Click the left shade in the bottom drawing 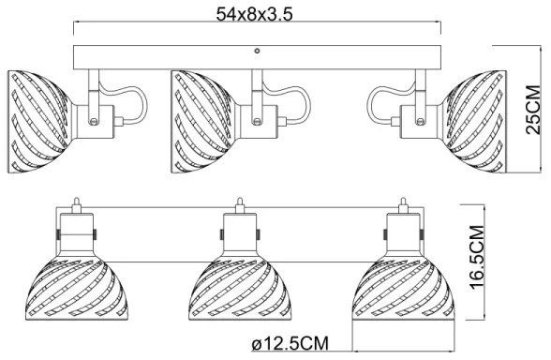click(x=75, y=289)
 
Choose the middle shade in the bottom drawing click(x=239, y=289)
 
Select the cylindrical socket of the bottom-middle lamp click(x=239, y=236)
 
